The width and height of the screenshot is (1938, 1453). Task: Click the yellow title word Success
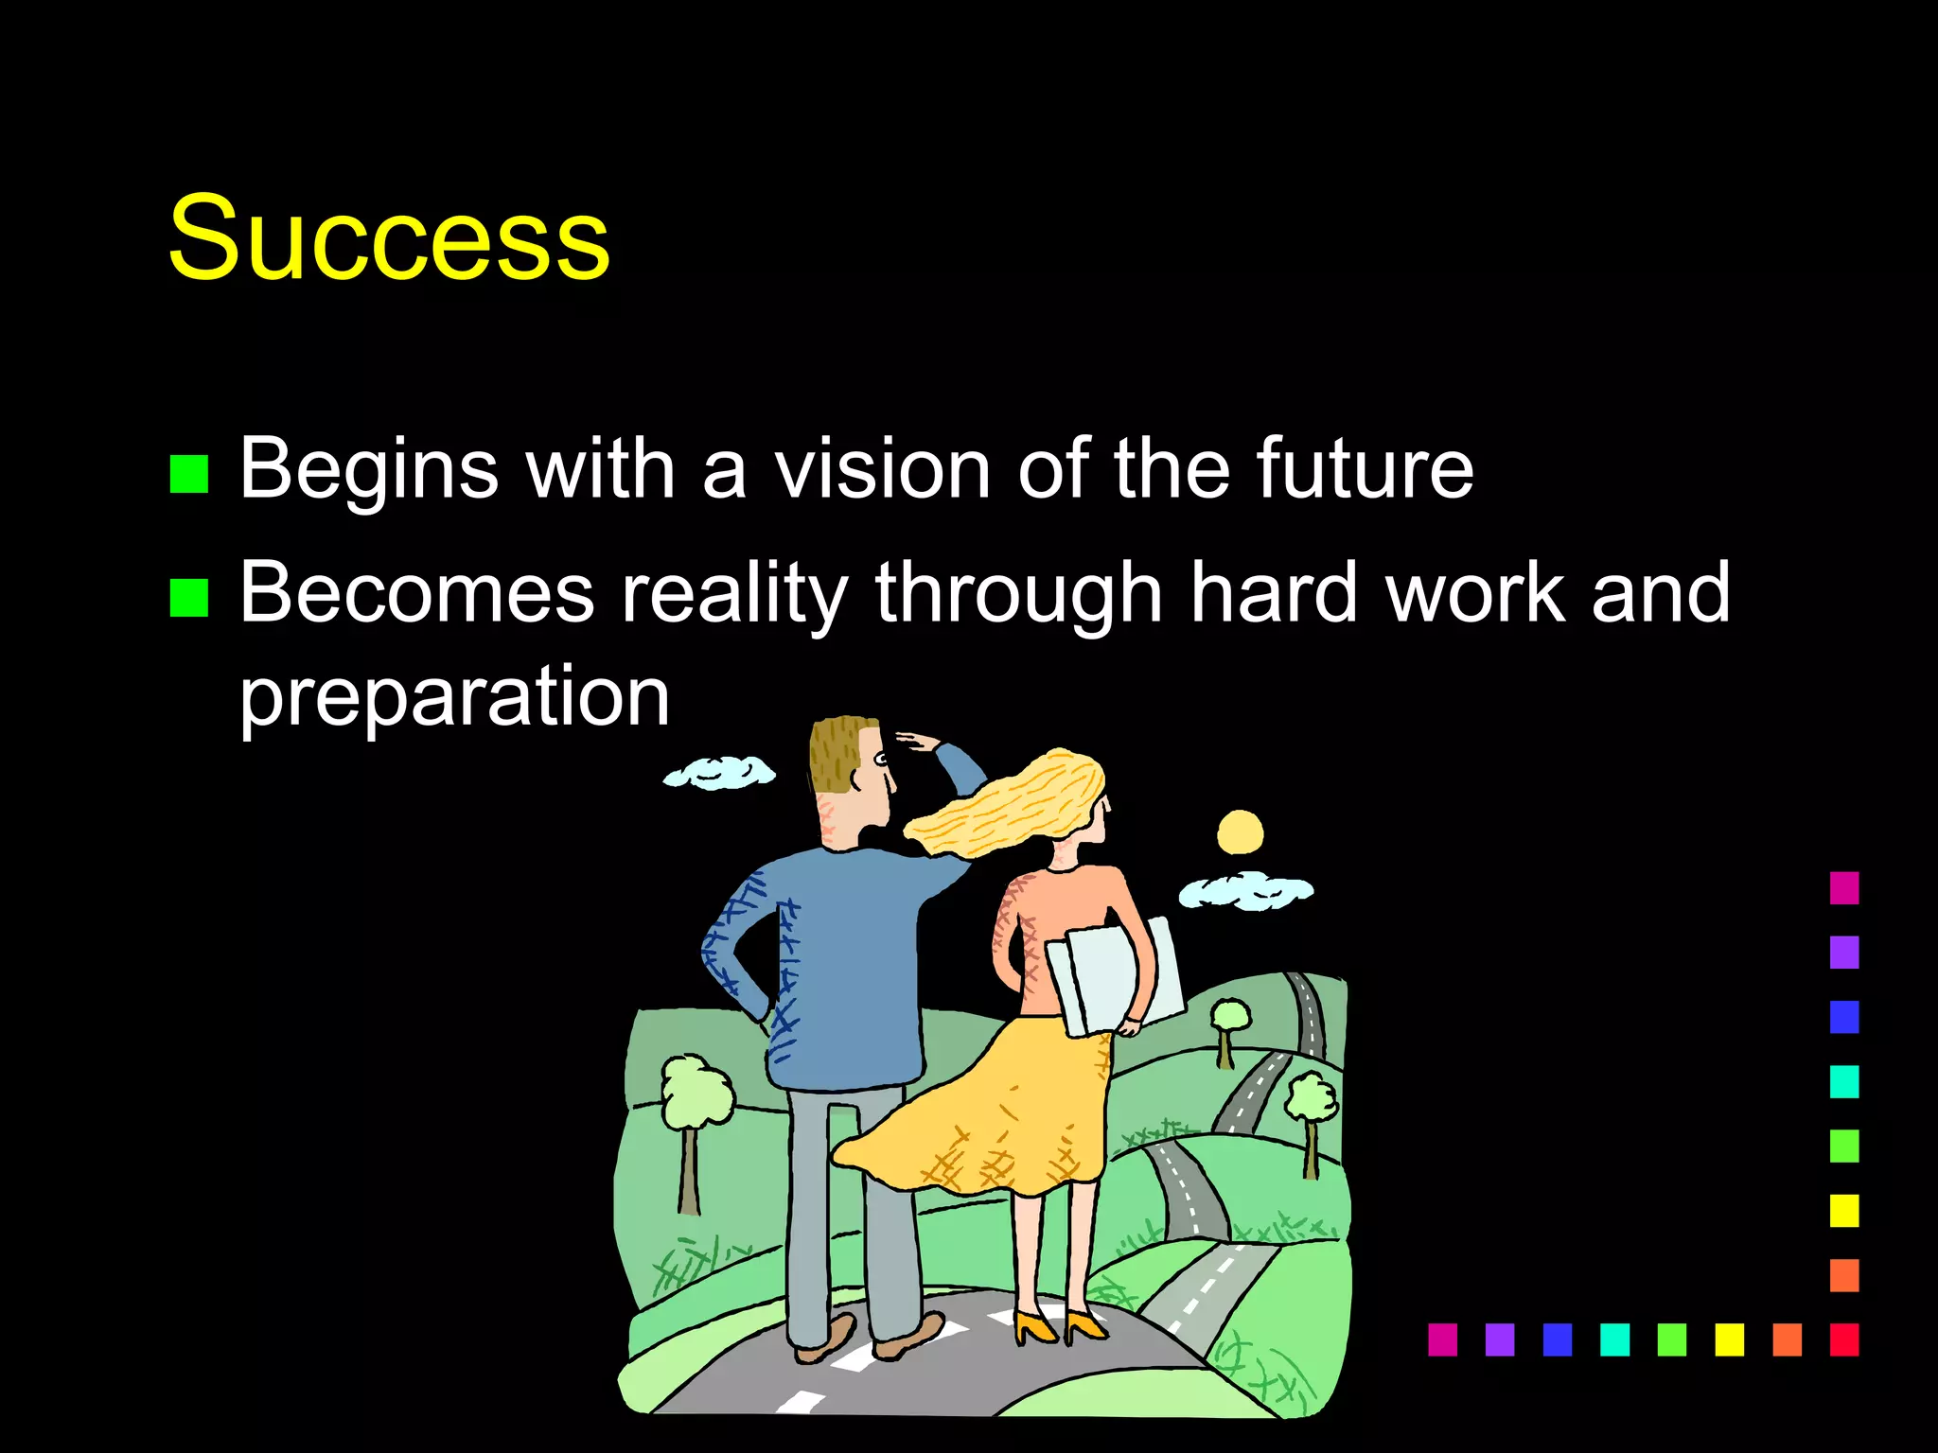(389, 237)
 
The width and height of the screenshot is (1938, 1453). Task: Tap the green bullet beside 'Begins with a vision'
(188, 474)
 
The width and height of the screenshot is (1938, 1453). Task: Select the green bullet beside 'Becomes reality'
(188, 598)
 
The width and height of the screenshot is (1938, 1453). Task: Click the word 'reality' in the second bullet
(733, 594)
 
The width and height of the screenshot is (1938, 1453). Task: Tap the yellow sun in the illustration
(1240, 832)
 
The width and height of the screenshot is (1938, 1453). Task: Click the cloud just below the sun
(1245, 891)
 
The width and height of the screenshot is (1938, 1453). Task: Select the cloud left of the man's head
(719, 773)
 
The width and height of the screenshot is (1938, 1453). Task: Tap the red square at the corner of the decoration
(1843, 1339)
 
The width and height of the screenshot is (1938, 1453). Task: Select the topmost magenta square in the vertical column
(1843, 887)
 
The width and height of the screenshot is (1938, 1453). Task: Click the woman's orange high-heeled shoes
(1060, 1326)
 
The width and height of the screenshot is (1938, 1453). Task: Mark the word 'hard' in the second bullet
(1274, 594)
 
